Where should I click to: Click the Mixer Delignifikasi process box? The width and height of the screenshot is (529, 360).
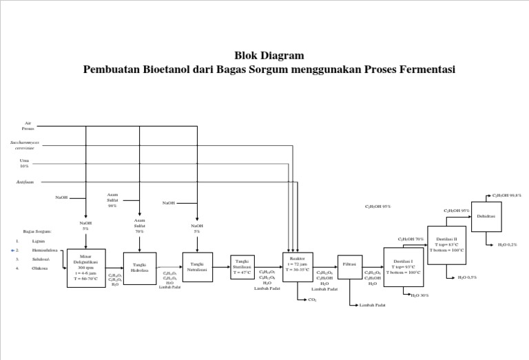click(86, 268)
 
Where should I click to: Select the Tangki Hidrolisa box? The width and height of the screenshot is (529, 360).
click(140, 268)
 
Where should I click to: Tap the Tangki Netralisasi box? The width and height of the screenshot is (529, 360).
click(197, 267)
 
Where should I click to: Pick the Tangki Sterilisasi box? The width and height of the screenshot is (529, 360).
click(242, 267)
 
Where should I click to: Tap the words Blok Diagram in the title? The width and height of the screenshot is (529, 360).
click(269, 55)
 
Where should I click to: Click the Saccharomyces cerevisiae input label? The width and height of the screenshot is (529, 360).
click(25, 147)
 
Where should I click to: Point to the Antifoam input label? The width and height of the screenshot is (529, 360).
click(25, 182)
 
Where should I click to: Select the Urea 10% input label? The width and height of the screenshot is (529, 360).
click(25, 163)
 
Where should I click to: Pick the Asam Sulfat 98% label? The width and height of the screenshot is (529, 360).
click(114, 200)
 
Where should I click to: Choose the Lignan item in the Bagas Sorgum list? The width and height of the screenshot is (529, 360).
click(38, 242)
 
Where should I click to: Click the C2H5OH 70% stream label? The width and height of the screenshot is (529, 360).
click(411, 239)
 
